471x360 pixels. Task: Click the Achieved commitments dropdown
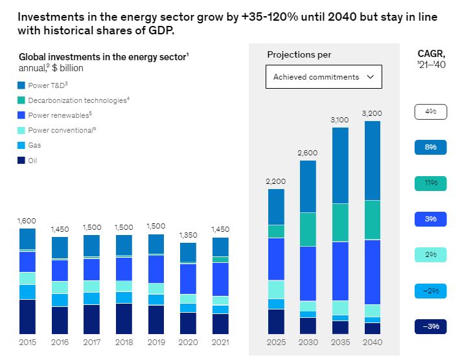(x=323, y=77)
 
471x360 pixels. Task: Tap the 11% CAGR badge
(x=431, y=183)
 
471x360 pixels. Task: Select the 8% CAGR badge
(x=431, y=148)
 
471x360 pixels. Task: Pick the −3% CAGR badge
(x=431, y=326)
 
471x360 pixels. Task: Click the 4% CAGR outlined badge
(x=431, y=112)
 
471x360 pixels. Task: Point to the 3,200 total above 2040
(x=373, y=113)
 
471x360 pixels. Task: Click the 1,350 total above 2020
(x=187, y=235)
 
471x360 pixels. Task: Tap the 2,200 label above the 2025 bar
(x=276, y=181)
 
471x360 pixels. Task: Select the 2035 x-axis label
(x=340, y=342)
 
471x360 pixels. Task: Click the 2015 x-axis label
(x=28, y=342)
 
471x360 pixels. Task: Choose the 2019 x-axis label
(x=155, y=342)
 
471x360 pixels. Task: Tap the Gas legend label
(x=34, y=146)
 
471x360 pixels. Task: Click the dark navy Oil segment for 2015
(x=27, y=317)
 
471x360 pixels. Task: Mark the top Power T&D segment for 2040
(x=373, y=161)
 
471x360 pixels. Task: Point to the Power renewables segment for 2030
(x=308, y=273)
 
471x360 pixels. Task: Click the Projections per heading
(x=299, y=55)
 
